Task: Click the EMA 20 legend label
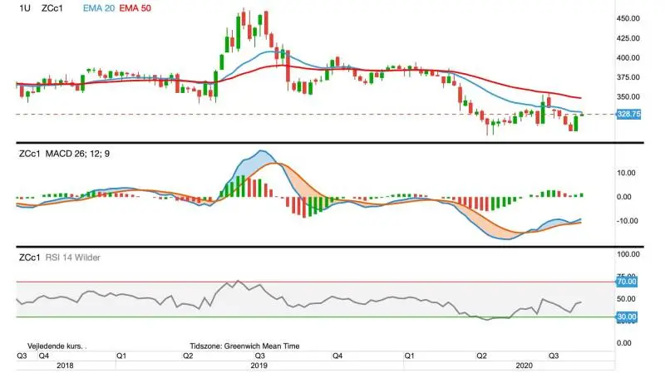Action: tap(98, 8)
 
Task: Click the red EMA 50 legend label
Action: tap(135, 8)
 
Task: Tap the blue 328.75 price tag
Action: tap(628, 114)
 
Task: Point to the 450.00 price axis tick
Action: tap(628, 18)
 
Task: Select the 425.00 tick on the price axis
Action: tap(628, 38)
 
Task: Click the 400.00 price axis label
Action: tap(628, 57)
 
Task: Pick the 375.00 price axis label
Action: tap(628, 77)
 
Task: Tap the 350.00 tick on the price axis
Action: tap(628, 96)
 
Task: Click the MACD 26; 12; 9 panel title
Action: tap(77, 154)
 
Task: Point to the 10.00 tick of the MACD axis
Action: tap(626, 173)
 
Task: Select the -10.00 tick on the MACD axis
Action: tap(626, 221)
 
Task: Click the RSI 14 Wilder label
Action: tap(72, 258)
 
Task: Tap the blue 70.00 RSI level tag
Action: tap(627, 282)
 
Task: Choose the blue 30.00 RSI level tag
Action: tap(627, 317)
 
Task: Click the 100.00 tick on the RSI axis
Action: tap(628, 254)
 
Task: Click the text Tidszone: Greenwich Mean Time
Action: tap(244, 346)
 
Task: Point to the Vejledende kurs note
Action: tap(57, 346)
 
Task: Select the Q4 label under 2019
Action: tap(337, 356)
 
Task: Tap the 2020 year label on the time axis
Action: tap(524, 366)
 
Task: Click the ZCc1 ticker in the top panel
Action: tap(52, 8)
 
